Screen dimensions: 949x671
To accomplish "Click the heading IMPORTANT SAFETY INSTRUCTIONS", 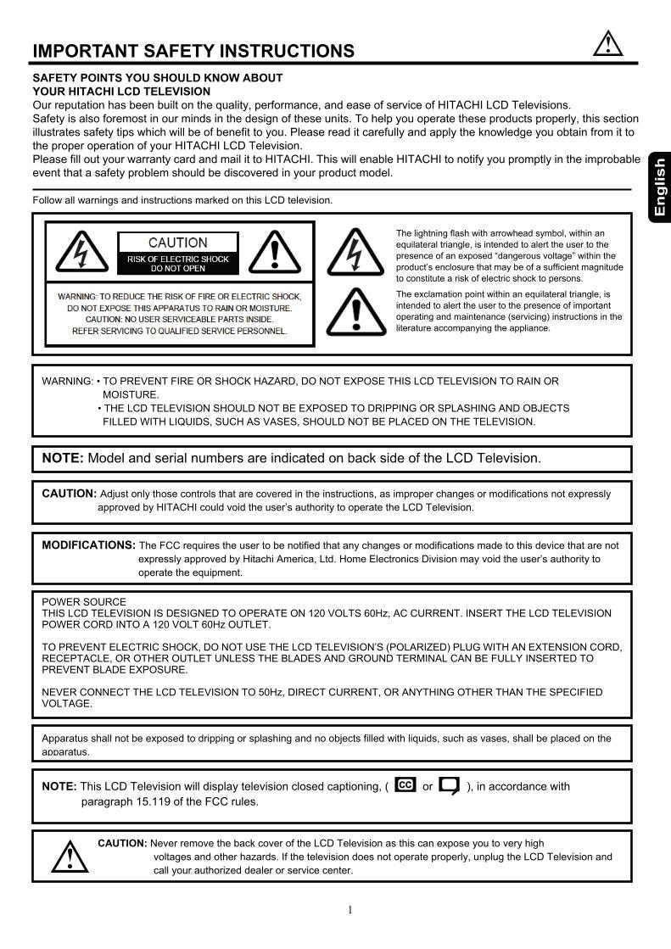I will click(x=193, y=52).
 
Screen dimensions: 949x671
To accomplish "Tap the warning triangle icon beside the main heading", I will click(x=607, y=44).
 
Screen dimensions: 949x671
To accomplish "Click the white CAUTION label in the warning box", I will click(x=178, y=243).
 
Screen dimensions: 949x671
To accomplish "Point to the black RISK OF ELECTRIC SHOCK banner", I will click(x=178, y=264).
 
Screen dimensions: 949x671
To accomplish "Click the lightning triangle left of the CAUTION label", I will click(x=81, y=253).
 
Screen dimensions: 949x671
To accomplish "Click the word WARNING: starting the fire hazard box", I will click(x=67, y=382).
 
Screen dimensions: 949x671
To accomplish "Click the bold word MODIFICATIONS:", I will click(x=88, y=545).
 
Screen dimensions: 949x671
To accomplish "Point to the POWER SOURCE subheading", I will click(x=84, y=602).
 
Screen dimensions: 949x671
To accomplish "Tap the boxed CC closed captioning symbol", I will click(x=405, y=785).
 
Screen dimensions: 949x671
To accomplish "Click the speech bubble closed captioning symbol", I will click(x=450, y=786).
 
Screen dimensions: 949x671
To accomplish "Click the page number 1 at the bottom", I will click(x=349, y=911).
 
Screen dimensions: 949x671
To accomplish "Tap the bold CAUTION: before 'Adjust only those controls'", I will click(x=70, y=494).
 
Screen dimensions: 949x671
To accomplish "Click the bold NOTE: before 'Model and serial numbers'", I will click(x=63, y=458).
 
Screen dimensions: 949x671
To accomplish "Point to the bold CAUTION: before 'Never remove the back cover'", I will click(x=122, y=843).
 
